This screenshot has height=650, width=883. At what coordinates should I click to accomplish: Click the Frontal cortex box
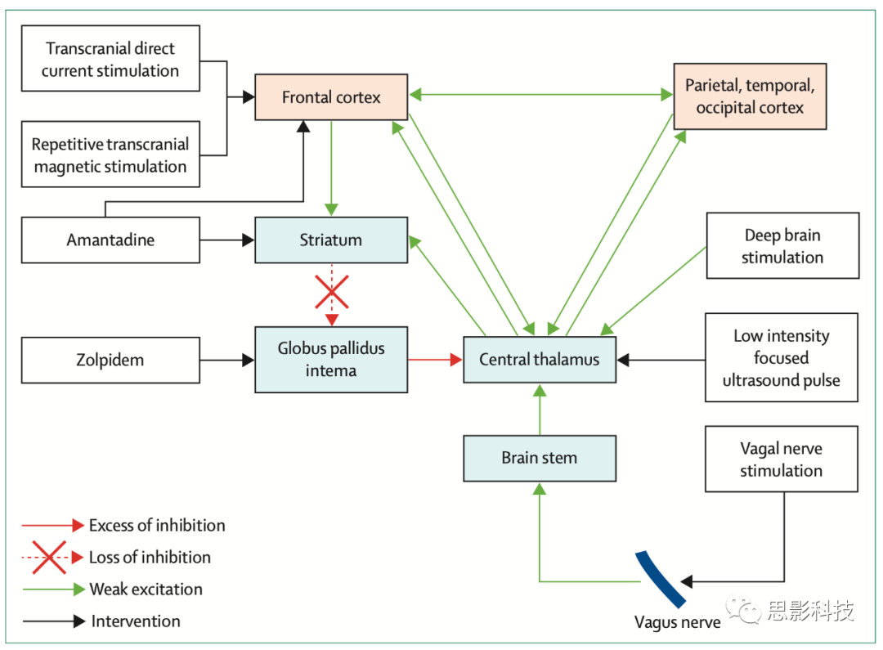coord(331,97)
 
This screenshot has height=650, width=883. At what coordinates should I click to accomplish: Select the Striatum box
coord(331,240)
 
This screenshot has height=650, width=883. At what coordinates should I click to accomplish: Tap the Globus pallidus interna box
coord(331,360)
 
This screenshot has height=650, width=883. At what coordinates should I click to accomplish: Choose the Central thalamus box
coord(540,359)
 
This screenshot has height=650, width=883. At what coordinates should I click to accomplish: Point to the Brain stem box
coord(540,458)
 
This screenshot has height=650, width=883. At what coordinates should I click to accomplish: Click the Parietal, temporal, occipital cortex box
coord(750,96)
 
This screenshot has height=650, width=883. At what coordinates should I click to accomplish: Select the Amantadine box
coord(110,240)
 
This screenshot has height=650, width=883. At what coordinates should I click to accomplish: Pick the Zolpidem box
coord(110,360)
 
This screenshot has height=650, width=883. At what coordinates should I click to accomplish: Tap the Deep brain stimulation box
coord(782,246)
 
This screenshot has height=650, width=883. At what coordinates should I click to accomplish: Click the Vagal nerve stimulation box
coord(781,459)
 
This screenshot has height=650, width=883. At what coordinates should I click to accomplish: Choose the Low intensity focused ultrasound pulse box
coord(781,358)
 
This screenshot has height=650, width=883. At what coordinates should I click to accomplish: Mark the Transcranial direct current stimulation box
coord(110,60)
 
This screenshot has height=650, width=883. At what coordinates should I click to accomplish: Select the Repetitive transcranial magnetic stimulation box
coord(110,155)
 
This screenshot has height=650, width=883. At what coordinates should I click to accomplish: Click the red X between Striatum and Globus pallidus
coord(331,291)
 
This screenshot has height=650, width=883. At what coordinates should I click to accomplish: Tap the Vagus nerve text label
coord(678,623)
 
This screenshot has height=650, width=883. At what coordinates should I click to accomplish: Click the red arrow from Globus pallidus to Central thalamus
coord(435,359)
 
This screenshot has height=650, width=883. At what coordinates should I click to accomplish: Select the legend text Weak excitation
coord(146,589)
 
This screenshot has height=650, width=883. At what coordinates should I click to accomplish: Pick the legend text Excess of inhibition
coord(157,526)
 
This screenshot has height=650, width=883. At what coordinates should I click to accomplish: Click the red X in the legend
coord(49,558)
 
